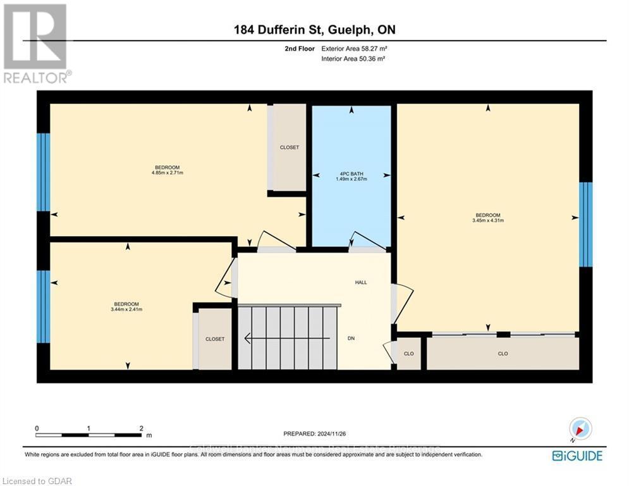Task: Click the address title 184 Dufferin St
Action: (x=315, y=30)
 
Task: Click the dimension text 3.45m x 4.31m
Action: (x=487, y=220)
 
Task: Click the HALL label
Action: (x=361, y=282)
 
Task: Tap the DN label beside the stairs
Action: (x=351, y=339)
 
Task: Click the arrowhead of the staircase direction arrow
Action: (x=248, y=339)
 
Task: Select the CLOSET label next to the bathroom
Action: (x=290, y=147)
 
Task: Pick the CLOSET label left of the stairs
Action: (x=215, y=339)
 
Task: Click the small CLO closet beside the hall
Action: (x=408, y=354)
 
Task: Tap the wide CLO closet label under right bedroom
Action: (x=503, y=354)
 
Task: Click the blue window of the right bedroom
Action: (x=586, y=224)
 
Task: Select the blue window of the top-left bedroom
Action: (x=43, y=172)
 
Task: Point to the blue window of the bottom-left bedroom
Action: (x=43, y=306)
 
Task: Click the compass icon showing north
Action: (x=580, y=429)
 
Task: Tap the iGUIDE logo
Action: (x=577, y=456)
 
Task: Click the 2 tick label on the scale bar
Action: (x=140, y=428)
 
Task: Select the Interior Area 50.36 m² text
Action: (x=353, y=59)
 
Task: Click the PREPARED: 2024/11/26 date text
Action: (x=315, y=433)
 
